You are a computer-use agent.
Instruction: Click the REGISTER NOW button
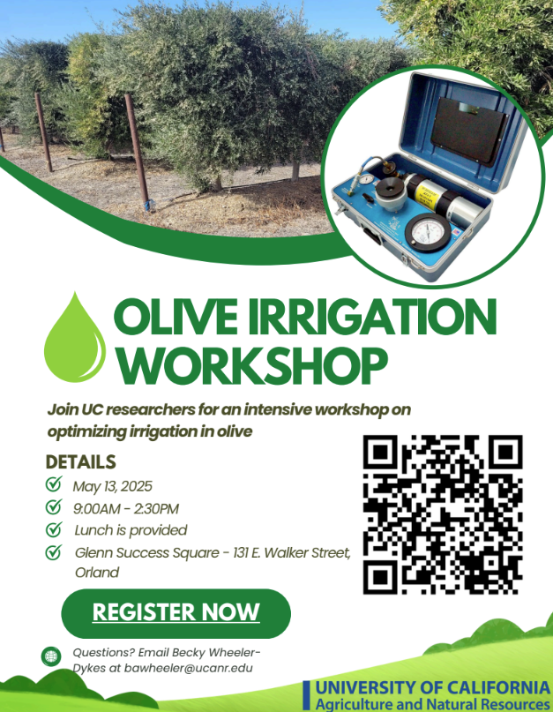[176, 613]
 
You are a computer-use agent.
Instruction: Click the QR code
[443, 514]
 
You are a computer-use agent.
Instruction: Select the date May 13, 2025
[112, 486]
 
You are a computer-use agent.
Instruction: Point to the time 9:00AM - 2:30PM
[126, 508]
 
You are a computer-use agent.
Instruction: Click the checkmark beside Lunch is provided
[54, 529]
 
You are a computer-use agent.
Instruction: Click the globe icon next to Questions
[51, 656]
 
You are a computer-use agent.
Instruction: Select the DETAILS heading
[81, 461]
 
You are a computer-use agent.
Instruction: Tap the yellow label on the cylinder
[427, 192]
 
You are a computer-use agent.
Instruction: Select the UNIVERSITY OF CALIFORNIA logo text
[433, 687]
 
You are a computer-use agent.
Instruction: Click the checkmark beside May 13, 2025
[54, 484]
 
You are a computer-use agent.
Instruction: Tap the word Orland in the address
[97, 572]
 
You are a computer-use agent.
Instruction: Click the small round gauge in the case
[363, 179]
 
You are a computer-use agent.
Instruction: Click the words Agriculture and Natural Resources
[433, 704]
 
